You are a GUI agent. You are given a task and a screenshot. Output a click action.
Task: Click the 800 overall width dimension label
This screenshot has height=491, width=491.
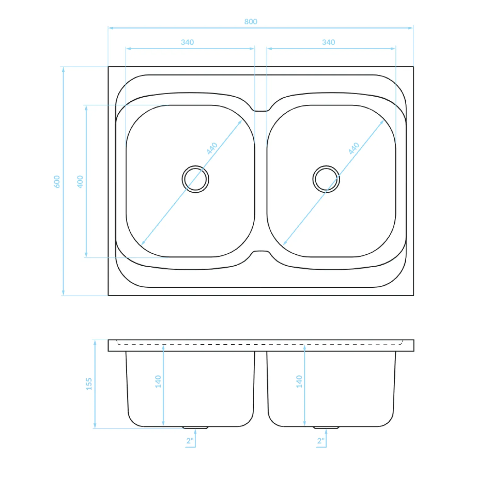pos(251,21)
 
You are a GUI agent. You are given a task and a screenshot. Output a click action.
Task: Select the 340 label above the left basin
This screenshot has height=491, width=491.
pos(187,42)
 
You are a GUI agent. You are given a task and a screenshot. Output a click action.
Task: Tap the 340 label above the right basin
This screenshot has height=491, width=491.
pos(328,42)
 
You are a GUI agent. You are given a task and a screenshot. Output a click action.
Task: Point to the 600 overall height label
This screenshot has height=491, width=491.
pos(57,182)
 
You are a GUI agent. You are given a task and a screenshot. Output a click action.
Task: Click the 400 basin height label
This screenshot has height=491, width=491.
pos(80,182)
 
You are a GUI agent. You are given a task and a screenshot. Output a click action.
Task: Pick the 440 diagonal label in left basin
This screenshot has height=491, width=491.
pos(212,148)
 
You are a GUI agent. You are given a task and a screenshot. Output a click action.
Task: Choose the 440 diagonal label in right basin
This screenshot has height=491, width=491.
pos(354,148)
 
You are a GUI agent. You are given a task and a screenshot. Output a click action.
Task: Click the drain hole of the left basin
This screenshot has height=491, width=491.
pos(195,179)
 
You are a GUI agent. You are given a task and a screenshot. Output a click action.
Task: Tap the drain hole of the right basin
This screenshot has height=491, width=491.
pos(326,179)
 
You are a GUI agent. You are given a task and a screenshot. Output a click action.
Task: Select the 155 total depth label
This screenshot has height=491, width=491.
pos(89,384)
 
